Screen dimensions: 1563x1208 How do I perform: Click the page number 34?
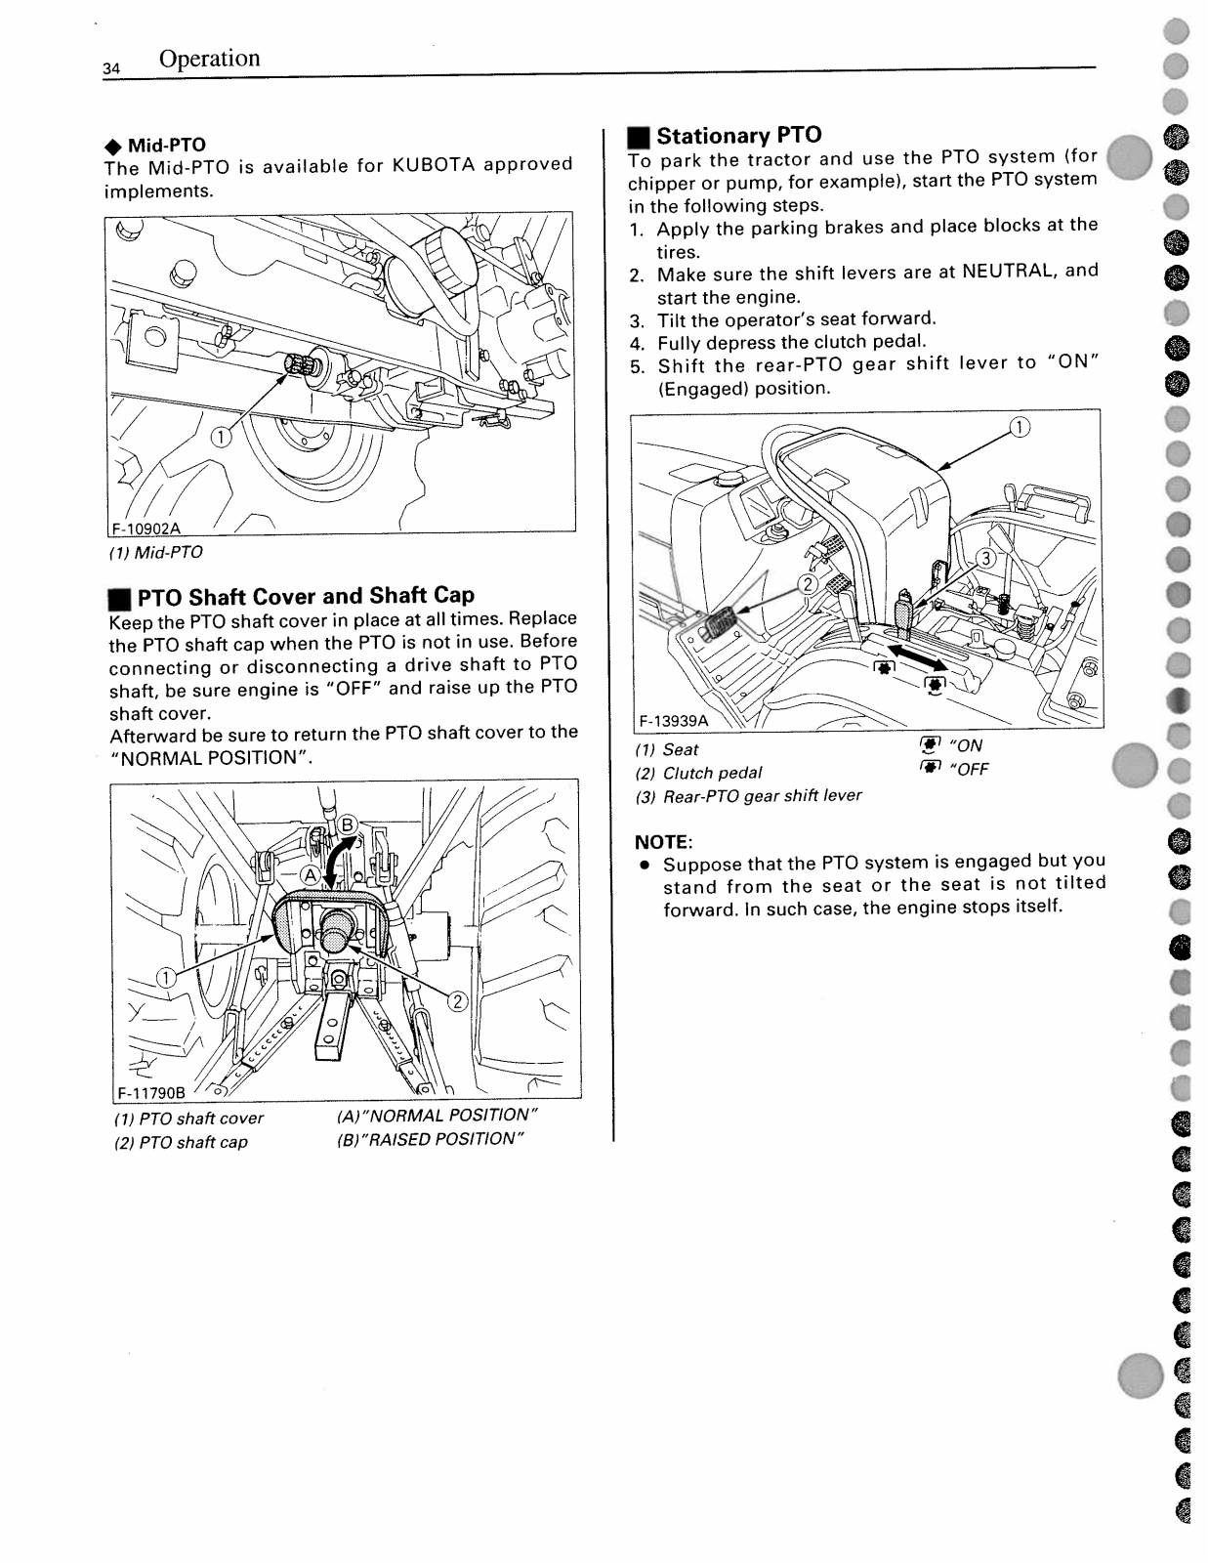coord(110,68)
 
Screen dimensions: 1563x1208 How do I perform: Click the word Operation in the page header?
coord(209,59)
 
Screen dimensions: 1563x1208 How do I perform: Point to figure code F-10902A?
coord(146,528)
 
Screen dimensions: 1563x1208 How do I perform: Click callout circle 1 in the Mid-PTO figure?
coord(222,437)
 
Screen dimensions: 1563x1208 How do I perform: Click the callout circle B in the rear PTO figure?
coord(348,823)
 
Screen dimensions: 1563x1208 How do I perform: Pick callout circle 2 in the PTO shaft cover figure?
coord(458,1001)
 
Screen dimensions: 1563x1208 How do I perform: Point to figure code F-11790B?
coord(151,1092)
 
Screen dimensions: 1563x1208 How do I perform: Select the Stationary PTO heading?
coord(738,135)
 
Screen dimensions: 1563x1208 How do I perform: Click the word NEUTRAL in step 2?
coord(1008,271)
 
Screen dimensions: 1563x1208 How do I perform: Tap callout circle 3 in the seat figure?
coord(986,558)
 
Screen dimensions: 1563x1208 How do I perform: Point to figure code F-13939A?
coord(673,720)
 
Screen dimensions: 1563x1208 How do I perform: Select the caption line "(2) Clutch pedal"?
coord(698,773)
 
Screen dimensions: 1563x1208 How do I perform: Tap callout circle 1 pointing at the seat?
coord(1018,427)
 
